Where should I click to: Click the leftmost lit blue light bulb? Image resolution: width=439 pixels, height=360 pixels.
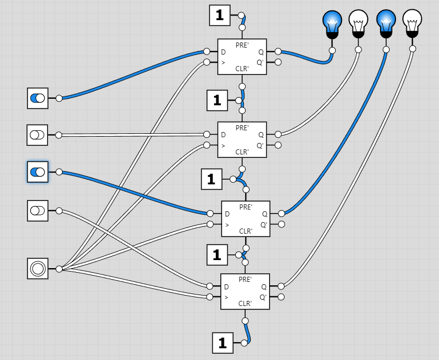pos(332,22)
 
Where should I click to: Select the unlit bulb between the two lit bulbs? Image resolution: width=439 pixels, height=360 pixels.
pos(358,22)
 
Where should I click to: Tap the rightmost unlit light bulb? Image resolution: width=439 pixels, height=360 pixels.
pos(411,21)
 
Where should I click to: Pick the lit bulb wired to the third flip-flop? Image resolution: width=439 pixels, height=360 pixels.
pos(385,22)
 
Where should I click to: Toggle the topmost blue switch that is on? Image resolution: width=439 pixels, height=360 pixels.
pos(37,98)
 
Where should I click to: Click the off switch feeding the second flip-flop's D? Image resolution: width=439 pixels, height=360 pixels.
pos(37,136)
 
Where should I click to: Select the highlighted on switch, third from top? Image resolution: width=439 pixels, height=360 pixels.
pos(37,172)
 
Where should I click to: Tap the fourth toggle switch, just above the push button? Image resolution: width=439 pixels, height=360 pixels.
pos(37,211)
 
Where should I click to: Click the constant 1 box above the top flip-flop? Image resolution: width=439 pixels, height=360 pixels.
pos(219,16)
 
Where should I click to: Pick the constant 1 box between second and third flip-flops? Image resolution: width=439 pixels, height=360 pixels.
pos(211,179)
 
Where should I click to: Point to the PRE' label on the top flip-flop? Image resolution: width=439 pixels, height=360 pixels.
pos(242,45)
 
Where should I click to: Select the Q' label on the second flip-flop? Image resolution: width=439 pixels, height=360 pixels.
pos(260,145)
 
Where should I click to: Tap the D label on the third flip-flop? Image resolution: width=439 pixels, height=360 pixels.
pos(227,214)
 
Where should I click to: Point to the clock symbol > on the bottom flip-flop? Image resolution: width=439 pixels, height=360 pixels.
pos(227,297)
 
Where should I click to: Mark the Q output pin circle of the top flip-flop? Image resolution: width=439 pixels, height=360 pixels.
pos(278,52)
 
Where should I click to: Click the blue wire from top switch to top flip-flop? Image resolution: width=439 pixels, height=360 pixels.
pos(132,73)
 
